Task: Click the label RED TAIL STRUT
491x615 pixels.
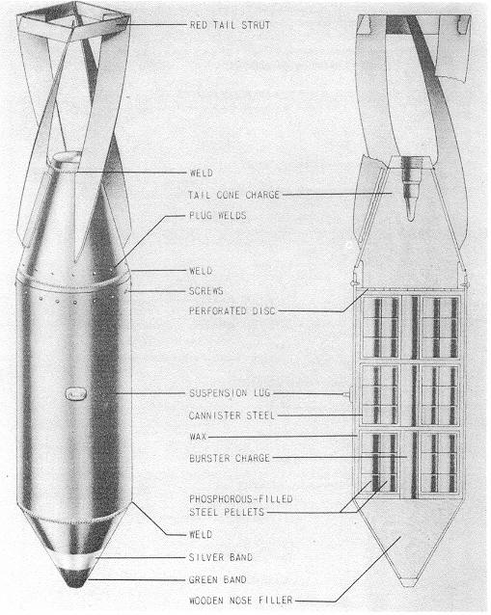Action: click(230, 25)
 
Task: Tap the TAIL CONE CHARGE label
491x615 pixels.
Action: click(233, 195)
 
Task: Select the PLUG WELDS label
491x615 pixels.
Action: click(218, 215)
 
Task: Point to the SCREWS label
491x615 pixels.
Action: click(206, 291)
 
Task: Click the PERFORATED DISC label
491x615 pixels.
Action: click(232, 311)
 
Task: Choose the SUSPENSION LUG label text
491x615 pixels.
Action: click(230, 393)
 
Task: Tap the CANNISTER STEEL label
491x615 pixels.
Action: click(232, 415)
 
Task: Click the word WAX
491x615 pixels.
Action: click(198, 437)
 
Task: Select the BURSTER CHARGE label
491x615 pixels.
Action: click(230, 458)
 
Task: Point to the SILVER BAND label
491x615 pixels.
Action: click(221, 557)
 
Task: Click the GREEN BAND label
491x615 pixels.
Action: click(217, 579)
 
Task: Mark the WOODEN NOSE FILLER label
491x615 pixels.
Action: click(240, 601)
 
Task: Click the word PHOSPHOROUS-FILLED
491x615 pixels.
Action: click(241, 499)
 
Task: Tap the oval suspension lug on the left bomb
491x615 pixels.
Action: click(76, 394)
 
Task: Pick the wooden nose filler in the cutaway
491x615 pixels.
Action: click(409, 542)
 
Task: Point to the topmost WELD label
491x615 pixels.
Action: click(201, 173)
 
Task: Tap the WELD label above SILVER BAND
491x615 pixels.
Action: click(201, 534)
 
